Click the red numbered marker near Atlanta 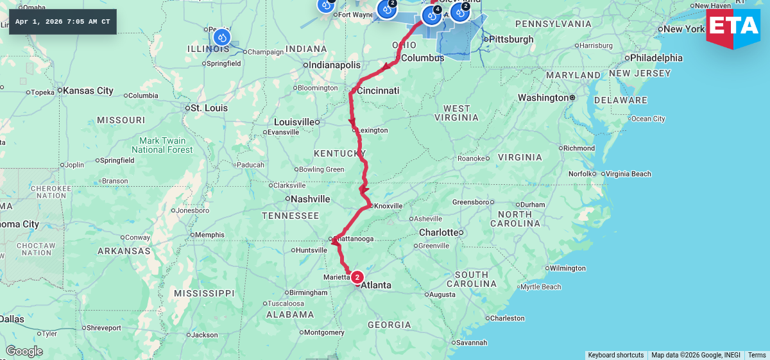pos(357,277)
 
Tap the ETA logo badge pos(733,27)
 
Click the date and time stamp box pos(63,22)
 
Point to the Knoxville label pos(388,206)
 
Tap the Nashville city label pos(310,199)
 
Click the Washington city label pos(543,98)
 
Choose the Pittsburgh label pos(511,39)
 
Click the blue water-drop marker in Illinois pos(221,37)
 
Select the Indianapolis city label pos(335,65)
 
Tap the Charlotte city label pos(439,232)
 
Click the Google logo pos(24,351)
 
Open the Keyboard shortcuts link pos(615,355)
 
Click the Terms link pos(757,355)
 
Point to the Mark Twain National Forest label pos(162,145)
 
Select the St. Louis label pos(209,108)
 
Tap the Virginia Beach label pos(628,174)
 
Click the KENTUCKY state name pos(339,153)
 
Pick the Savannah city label pos(471,342)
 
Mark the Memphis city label pos(210,235)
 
